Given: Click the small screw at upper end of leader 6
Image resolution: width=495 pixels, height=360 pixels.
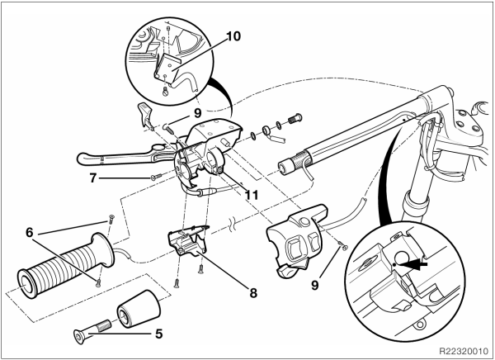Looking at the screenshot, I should (x=111, y=218).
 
